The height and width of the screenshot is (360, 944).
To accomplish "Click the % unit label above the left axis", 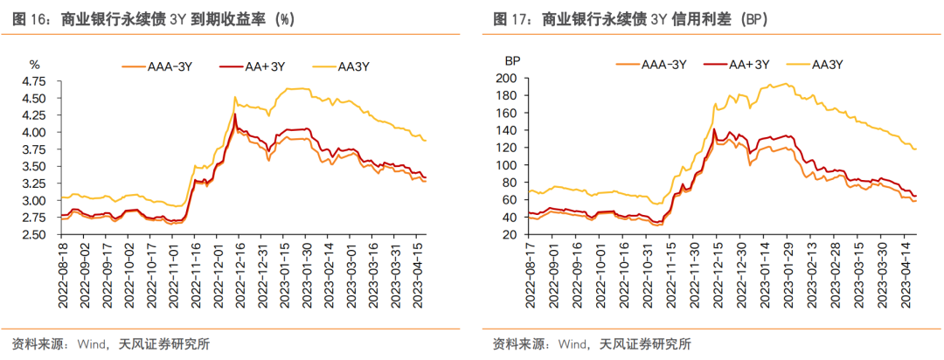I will click(x=35, y=63).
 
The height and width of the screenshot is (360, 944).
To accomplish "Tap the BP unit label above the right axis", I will click(x=512, y=62).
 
